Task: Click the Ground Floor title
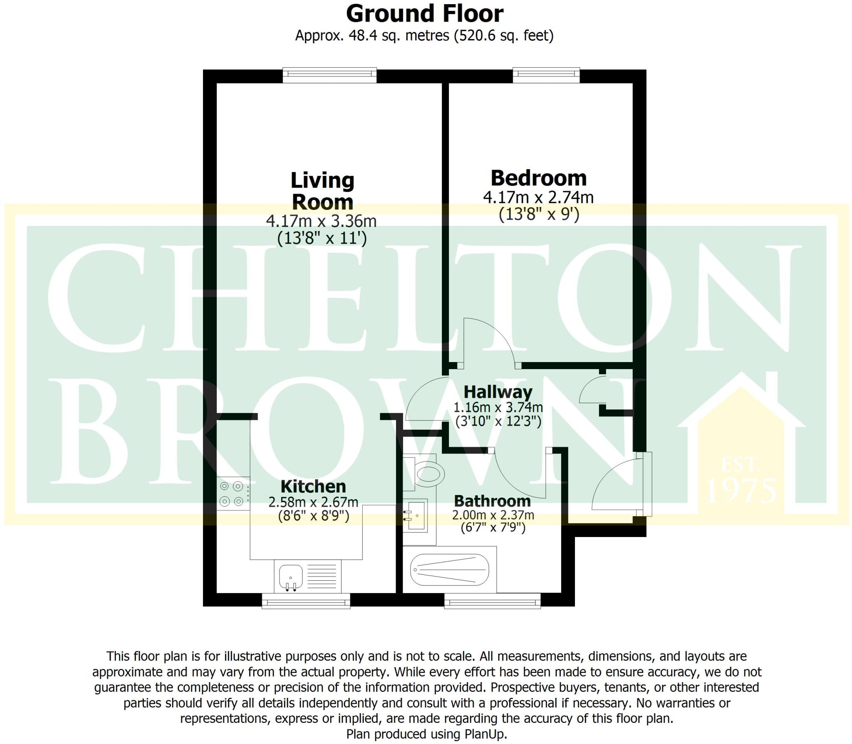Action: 425,14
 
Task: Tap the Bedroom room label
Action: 539,178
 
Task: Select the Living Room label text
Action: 322,191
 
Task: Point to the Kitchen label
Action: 313,486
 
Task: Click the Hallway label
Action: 498,392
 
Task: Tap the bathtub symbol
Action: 449,569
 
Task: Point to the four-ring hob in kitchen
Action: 232,493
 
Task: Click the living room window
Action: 329,75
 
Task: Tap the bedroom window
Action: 546,75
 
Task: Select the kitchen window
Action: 306,601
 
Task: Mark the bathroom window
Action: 492,601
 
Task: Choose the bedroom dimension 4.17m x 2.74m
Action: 538,197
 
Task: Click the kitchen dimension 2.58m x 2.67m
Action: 313,502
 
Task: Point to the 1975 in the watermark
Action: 741,490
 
